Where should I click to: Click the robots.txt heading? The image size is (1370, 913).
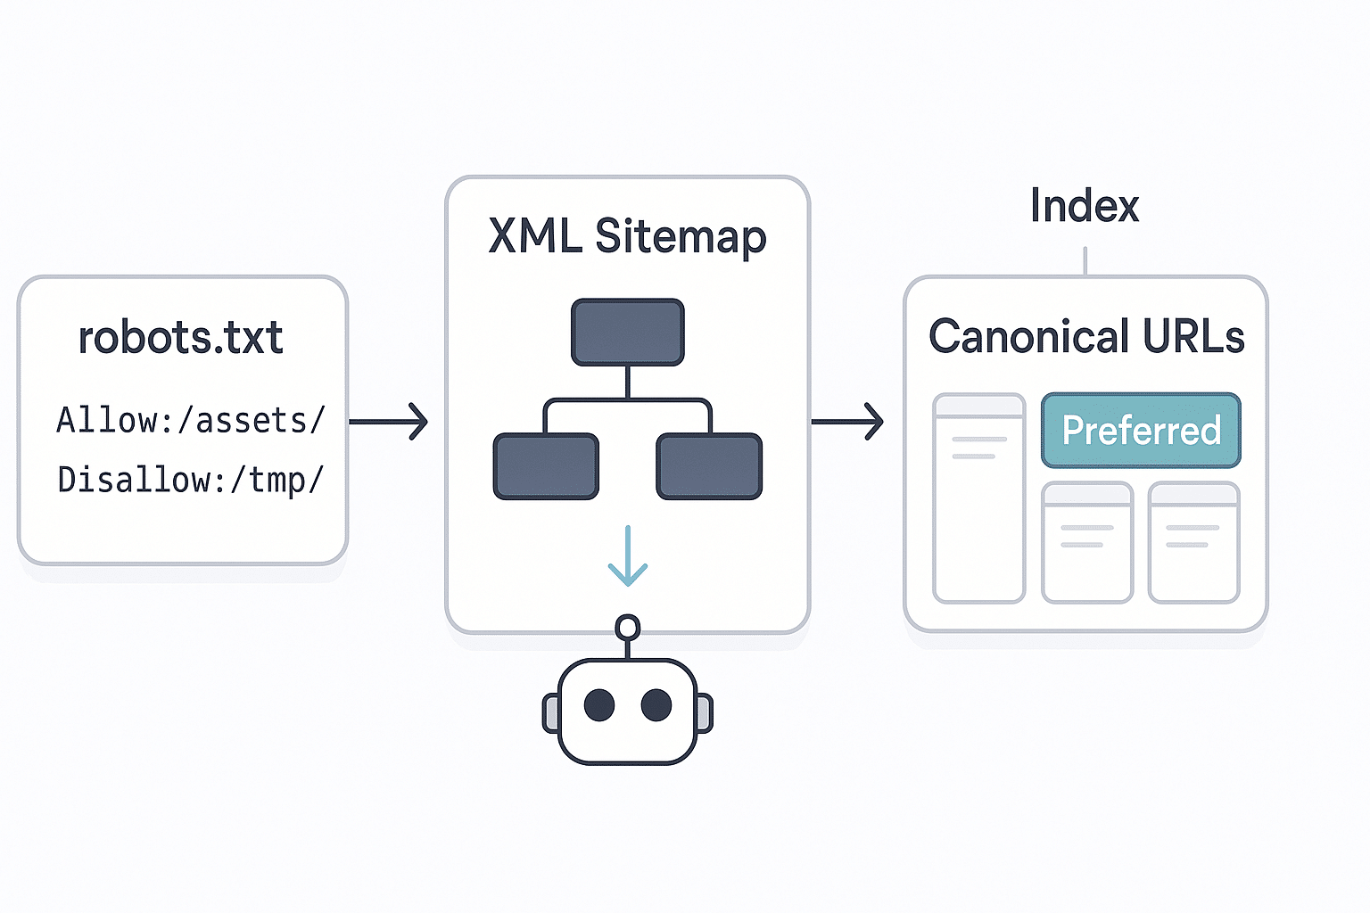click(181, 338)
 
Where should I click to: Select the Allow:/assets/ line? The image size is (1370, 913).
click(191, 420)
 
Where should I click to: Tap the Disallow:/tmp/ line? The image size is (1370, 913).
click(191, 480)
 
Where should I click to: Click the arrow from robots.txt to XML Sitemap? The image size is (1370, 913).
click(389, 421)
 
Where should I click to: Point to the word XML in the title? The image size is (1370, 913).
click(534, 236)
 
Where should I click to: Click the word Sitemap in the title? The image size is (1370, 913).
click(681, 237)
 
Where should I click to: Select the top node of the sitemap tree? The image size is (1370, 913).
click(628, 332)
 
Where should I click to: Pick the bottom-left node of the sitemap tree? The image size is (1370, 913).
click(546, 466)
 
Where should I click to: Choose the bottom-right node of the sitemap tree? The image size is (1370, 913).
click(709, 466)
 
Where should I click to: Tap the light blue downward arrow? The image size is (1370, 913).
click(628, 556)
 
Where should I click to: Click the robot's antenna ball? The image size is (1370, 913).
click(628, 628)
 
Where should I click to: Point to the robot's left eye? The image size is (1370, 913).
click(599, 705)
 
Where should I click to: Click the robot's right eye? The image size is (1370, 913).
click(656, 705)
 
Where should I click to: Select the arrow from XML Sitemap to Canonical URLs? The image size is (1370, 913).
click(847, 421)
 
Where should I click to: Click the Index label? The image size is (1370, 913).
click(1085, 206)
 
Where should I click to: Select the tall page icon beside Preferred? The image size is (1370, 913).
click(978, 498)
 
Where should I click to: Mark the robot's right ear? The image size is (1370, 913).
click(704, 713)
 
